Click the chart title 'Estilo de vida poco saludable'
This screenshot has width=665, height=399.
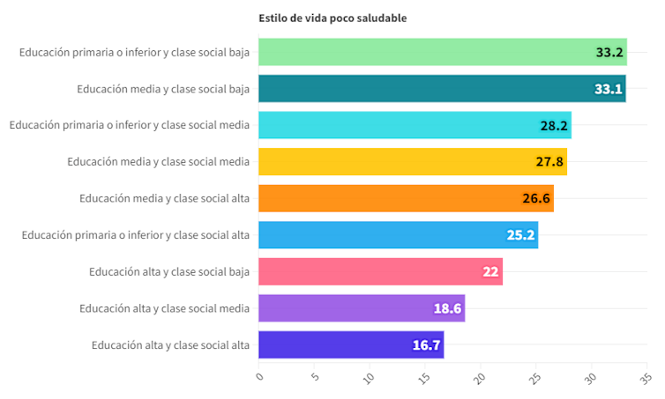[x=332, y=18]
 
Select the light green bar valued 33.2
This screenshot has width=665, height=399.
[x=441, y=52]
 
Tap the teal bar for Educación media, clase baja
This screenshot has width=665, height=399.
[x=441, y=89]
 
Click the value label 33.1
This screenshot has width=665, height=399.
[x=609, y=89]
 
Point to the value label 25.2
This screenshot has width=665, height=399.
[x=521, y=235]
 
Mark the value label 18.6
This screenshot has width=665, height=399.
[x=448, y=308]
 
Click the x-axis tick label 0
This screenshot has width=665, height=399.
[x=260, y=376]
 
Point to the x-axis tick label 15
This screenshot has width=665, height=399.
[x=425, y=378]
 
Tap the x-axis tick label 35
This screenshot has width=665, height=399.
[x=646, y=378]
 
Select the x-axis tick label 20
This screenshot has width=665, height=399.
[x=481, y=378]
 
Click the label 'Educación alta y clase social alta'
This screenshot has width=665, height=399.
[x=170, y=344]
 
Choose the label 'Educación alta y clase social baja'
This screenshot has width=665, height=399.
[x=169, y=271]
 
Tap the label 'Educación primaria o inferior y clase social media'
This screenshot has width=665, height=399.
[x=130, y=125]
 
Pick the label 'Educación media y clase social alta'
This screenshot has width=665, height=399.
[x=164, y=198]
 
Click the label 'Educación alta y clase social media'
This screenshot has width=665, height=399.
[x=164, y=308]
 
